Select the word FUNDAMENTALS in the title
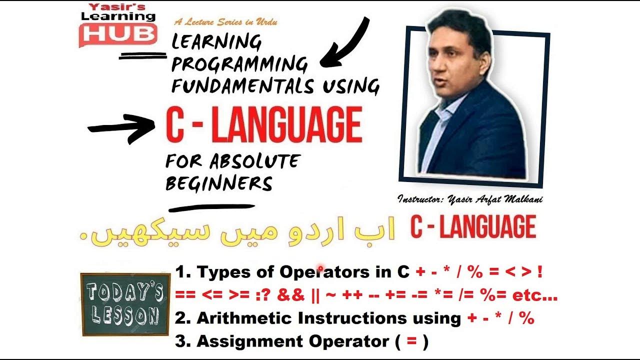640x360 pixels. click(242, 86)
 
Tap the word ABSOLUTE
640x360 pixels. click(255, 161)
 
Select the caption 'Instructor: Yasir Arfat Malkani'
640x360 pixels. click(470, 199)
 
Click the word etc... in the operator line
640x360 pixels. click(535, 295)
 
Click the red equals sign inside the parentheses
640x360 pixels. click(411, 342)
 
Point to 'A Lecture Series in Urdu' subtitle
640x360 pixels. click(225, 22)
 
